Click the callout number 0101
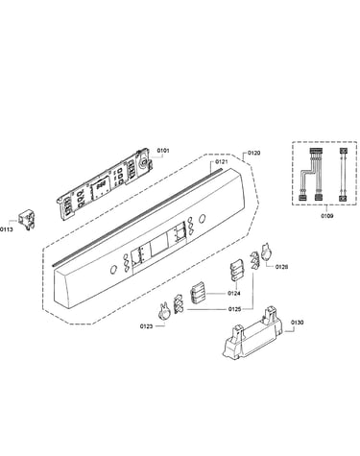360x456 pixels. point(162,151)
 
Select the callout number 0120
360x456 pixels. point(253,153)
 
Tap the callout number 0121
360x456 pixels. point(222,161)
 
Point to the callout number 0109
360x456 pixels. point(327,216)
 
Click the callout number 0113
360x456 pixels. point(7,229)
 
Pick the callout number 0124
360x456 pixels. point(234,293)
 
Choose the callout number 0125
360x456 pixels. point(234,309)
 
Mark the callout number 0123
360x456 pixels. point(146,326)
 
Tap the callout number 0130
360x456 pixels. point(298,323)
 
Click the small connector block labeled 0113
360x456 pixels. point(27,219)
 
